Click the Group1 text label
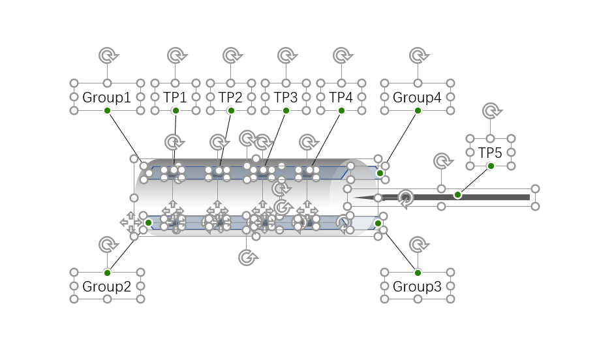tap(107, 98)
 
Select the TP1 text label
tap(175, 98)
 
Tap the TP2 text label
tap(230, 98)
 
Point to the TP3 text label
tap(286, 98)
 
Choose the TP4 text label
tap(341, 98)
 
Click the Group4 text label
tap(417, 98)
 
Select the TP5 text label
tap(490, 153)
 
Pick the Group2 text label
tap(107, 286)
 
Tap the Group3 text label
tap(417, 286)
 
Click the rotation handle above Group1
tap(107, 55)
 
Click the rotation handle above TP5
tap(491, 111)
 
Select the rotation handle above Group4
tap(418, 55)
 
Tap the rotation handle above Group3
tap(418, 245)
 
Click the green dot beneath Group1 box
tap(107, 111)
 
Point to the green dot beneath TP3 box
tap(286, 111)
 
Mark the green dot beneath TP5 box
tap(491, 166)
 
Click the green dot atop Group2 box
tap(107, 272)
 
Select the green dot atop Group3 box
tap(418, 272)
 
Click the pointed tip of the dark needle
tap(355, 197)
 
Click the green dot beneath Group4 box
tap(418, 111)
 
